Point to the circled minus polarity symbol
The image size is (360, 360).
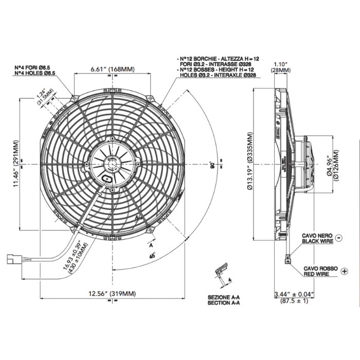tap(339, 238)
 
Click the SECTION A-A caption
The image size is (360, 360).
tap(225, 303)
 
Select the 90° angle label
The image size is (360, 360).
tap(211, 166)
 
